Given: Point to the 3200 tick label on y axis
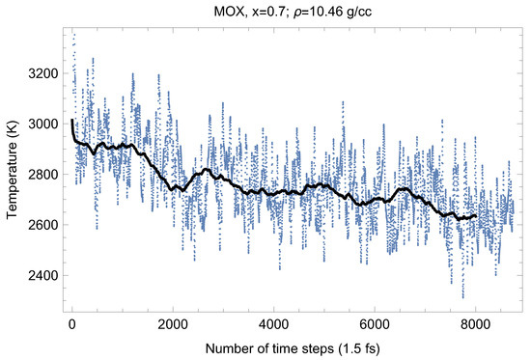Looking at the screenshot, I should (45, 73).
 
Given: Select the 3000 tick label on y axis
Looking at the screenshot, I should (45, 124).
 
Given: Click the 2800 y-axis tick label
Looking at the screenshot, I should (45, 175).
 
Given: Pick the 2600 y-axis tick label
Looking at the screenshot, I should (45, 225).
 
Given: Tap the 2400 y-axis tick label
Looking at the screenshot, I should (45, 275).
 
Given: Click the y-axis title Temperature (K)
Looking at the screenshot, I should (13, 174).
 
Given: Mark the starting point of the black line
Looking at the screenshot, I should (72, 121).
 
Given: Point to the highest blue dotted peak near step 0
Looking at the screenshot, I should (73, 34).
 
